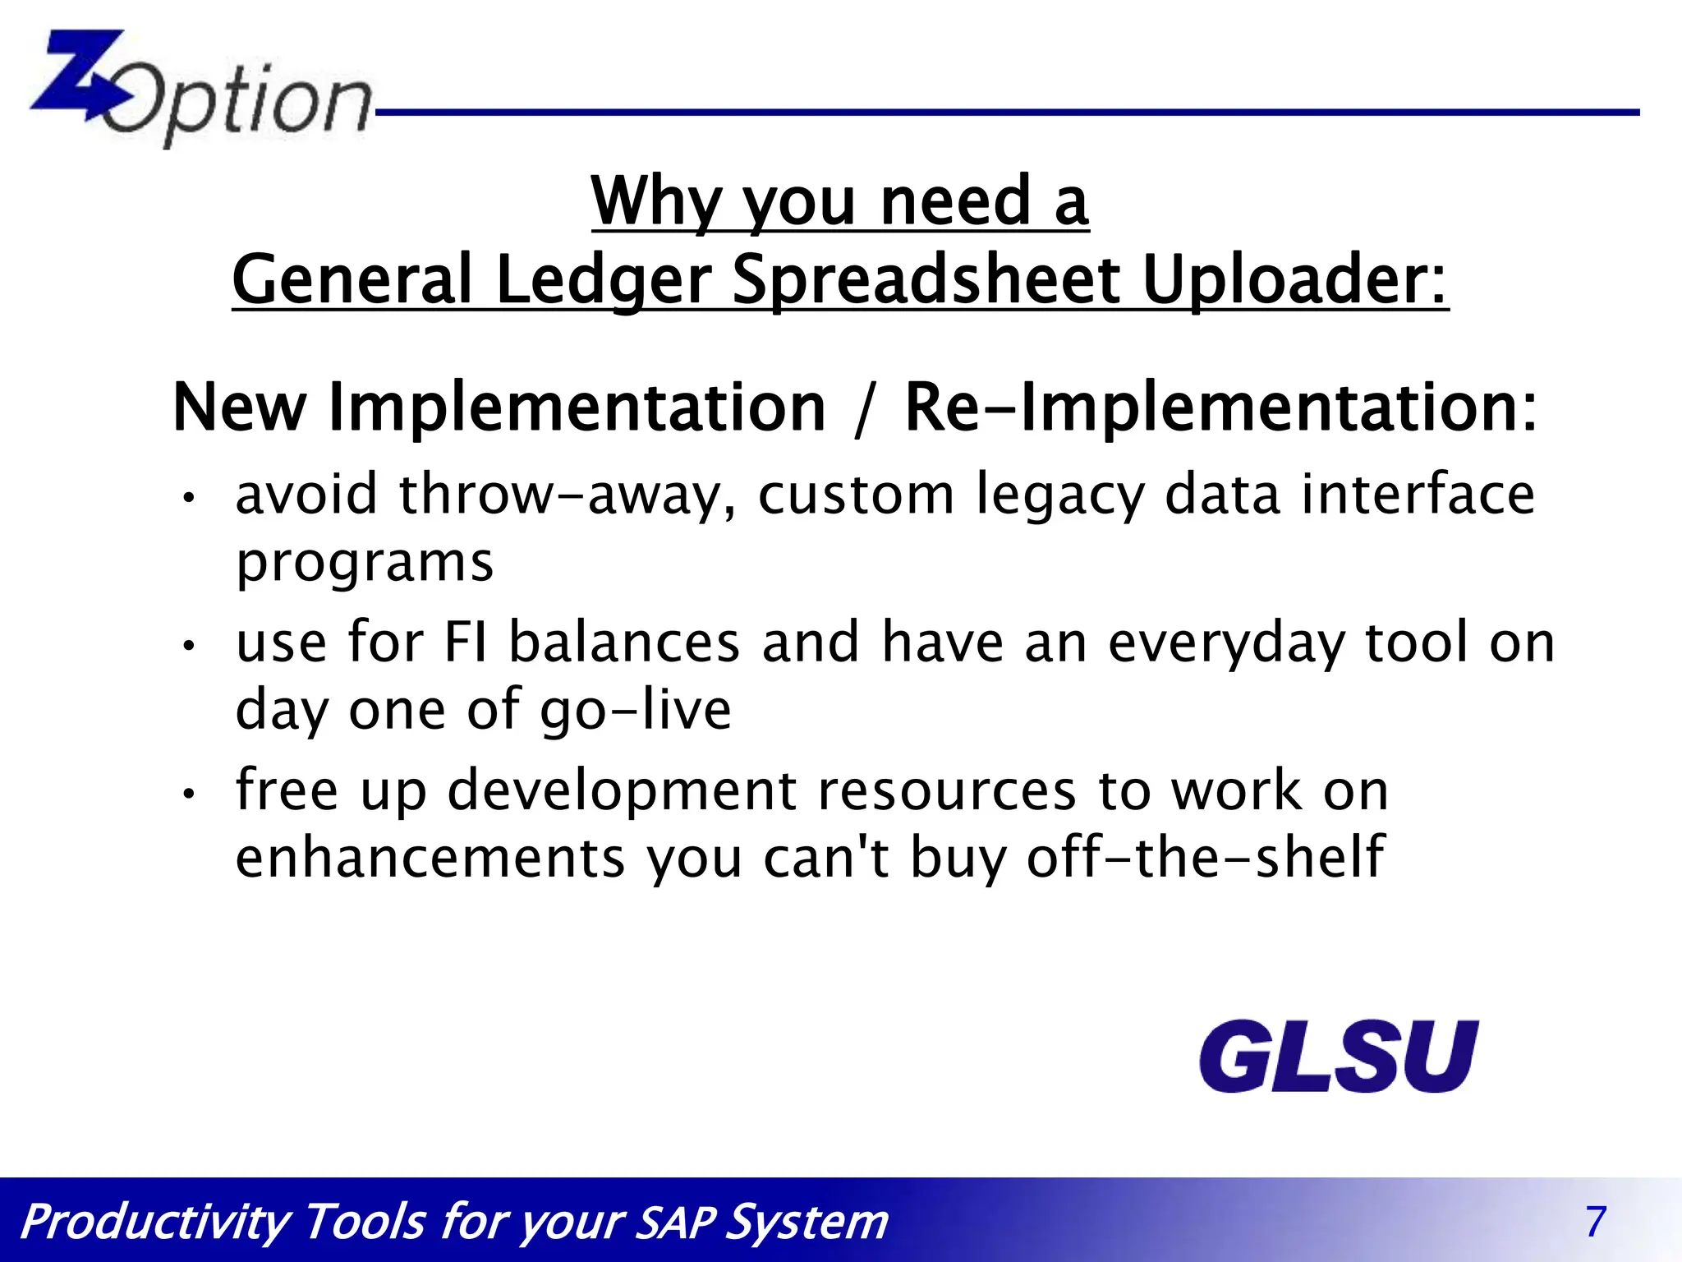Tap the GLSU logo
pos(1339,1057)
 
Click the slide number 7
pos(1595,1222)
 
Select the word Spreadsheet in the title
pos(926,281)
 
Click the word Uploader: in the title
pos(1295,281)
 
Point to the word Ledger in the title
pos(604,281)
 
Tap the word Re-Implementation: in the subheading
pos(1220,408)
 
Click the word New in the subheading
pos(240,408)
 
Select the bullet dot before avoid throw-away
pos(189,498)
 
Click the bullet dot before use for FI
pos(189,646)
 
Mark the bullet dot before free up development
pos(189,794)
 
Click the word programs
pos(365,564)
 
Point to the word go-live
pos(636,711)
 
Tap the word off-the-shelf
pos(1206,857)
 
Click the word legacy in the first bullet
pos(1059,496)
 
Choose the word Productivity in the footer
pos(156,1223)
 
